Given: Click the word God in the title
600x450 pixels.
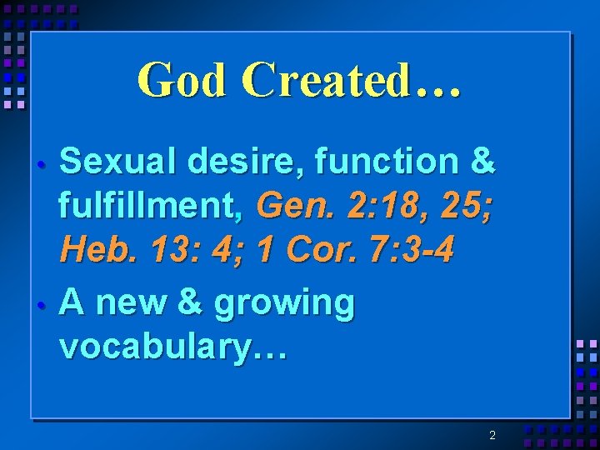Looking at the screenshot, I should (182, 81).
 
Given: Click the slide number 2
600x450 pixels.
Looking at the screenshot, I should (492, 435).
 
